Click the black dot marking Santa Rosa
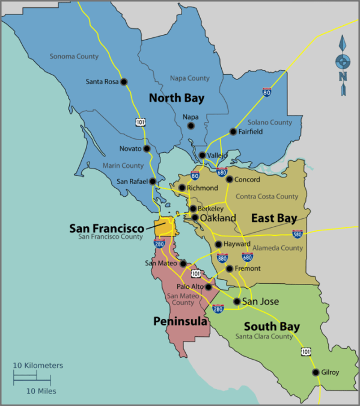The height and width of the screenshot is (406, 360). (124, 82)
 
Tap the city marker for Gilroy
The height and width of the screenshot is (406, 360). (316, 372)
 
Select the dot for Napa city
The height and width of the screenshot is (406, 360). (191, 126)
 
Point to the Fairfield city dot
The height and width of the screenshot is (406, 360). (233, 132)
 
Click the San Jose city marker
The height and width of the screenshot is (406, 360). (237, 301)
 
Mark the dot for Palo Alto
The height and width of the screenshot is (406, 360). (209, 287)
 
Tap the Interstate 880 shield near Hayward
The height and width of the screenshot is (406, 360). (222, 257)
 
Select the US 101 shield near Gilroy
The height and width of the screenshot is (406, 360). (306, 351)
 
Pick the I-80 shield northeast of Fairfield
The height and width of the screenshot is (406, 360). (266, 93)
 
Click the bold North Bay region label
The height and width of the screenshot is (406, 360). (177, 97)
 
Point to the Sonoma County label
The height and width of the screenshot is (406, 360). (74, 57)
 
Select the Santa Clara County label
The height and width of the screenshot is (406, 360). (264, 337)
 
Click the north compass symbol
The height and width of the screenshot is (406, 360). (343, 64)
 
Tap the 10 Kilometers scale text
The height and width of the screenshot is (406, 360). (38, 366)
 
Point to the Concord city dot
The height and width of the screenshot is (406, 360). (229, 179)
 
